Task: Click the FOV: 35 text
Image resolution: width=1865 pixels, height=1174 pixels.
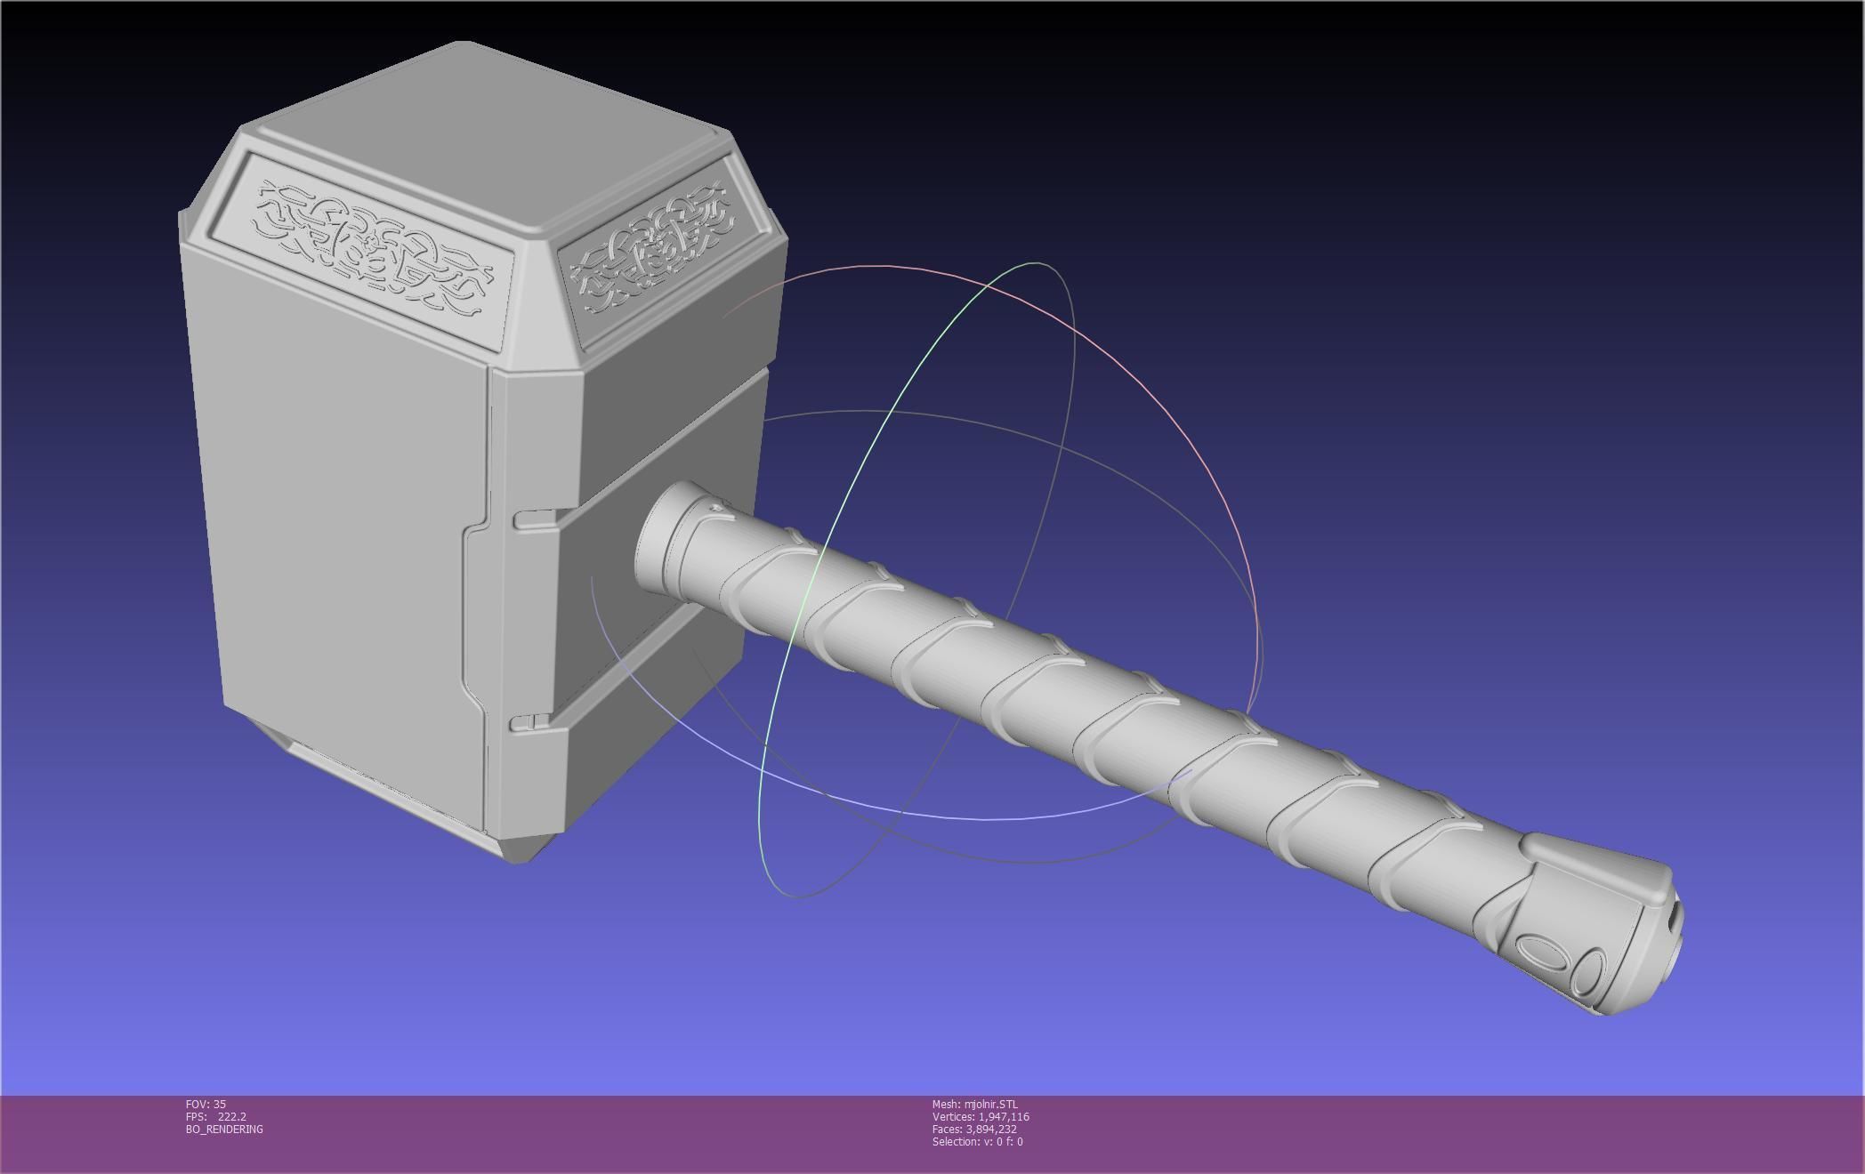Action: pyautogui.click(x=206, y=1104)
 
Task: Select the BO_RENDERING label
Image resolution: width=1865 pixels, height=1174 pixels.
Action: pyautogui.click(x=224, y=1129)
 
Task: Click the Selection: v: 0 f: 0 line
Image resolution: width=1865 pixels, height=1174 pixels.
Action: pyautogui.click(x=977, y=1141)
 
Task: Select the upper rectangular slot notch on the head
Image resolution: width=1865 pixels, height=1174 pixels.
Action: pyautogui.click(x=534, y=519)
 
